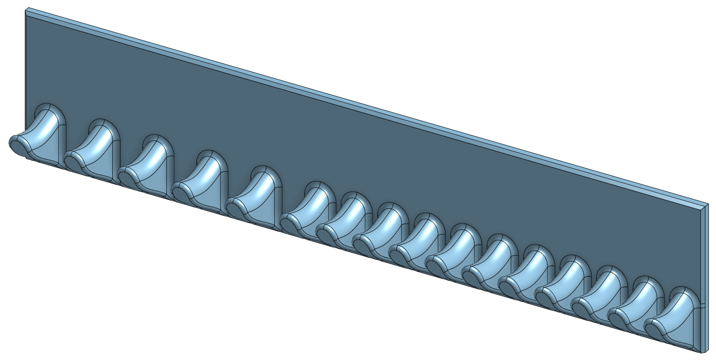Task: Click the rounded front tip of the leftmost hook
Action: point(18,143)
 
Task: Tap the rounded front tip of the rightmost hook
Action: point(653,330)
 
